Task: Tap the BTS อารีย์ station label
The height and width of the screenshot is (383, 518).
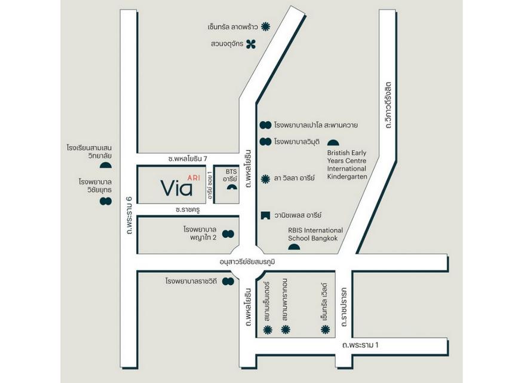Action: point(231,175)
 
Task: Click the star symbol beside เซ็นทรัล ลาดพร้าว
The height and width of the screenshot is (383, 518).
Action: point(266,26)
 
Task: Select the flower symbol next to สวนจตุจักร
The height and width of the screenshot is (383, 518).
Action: point(252,43)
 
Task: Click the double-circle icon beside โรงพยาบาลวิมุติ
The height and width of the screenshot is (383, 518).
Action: point(265,142)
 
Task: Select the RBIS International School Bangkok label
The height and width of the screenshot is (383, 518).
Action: point(315,234)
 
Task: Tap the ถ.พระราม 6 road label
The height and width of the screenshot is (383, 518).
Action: point(128,214)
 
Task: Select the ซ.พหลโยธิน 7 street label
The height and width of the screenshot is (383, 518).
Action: point(188,158)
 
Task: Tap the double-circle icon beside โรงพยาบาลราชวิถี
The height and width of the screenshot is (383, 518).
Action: point(228,281)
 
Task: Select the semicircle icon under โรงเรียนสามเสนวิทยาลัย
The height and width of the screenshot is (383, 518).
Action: point(106,165)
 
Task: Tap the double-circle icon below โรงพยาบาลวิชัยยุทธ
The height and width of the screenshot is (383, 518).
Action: point(106,201)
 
